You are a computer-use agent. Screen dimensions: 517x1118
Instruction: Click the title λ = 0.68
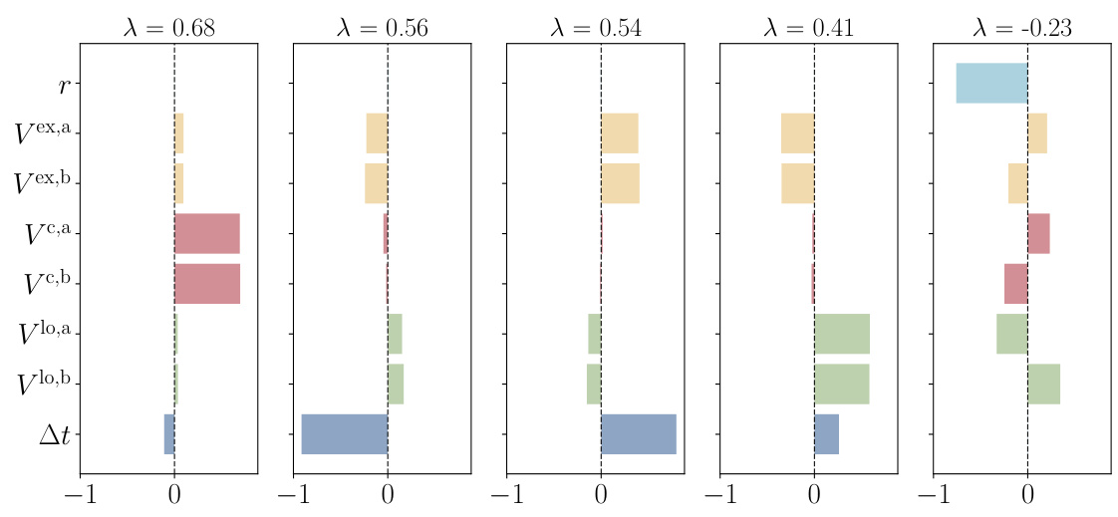pyautogui.click(x=168, y=27)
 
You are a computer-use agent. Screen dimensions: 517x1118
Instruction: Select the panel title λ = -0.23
pyautogui.click(x=1021, y=27)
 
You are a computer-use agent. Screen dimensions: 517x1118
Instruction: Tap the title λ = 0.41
pyautogui.click(x=808, y=27)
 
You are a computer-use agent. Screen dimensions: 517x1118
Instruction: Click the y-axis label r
pyautogui.click(x=64, y=85)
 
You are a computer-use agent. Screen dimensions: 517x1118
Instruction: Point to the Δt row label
pyautogui.click(x=54, y=434)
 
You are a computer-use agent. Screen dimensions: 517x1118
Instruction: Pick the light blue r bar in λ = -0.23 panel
pyautogui.click(x=991, y=84)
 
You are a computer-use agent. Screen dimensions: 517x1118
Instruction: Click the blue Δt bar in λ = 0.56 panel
pyautogui.click(x=345, y=434)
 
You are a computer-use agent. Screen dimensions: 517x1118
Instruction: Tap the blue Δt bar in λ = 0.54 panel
pyautogui.click(x=639, y=434)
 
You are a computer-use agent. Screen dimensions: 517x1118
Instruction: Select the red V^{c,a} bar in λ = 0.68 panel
pyautogui.click(x=207, y=233)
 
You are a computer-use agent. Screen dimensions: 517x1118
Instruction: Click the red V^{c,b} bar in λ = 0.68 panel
pyautogui.click(x=207, y=284)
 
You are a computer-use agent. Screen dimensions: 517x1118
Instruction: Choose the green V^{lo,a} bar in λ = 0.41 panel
pyautogui.click(x=842, y=334)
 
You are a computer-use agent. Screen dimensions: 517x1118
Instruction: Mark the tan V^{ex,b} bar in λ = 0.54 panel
pyautogui.click(x=620, y=183)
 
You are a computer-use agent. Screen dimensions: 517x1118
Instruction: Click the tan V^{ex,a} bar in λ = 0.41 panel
pyautogui.click(x=797, y=133)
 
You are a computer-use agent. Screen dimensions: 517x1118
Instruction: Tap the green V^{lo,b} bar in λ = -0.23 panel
pyautogui.click(x=1043, y=384)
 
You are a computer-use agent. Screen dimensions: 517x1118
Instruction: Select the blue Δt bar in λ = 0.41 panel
pyautogui.click(x=826, y=434)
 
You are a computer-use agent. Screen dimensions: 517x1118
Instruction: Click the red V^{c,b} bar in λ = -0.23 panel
pyautogui.click(x=1015, y=284)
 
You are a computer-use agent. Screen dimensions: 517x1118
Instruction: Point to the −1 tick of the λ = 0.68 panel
pyautogui.click(x=80, y=496)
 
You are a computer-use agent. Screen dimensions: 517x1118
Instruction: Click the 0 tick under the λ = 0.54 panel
pyautogui.click(x=601, y=496)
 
